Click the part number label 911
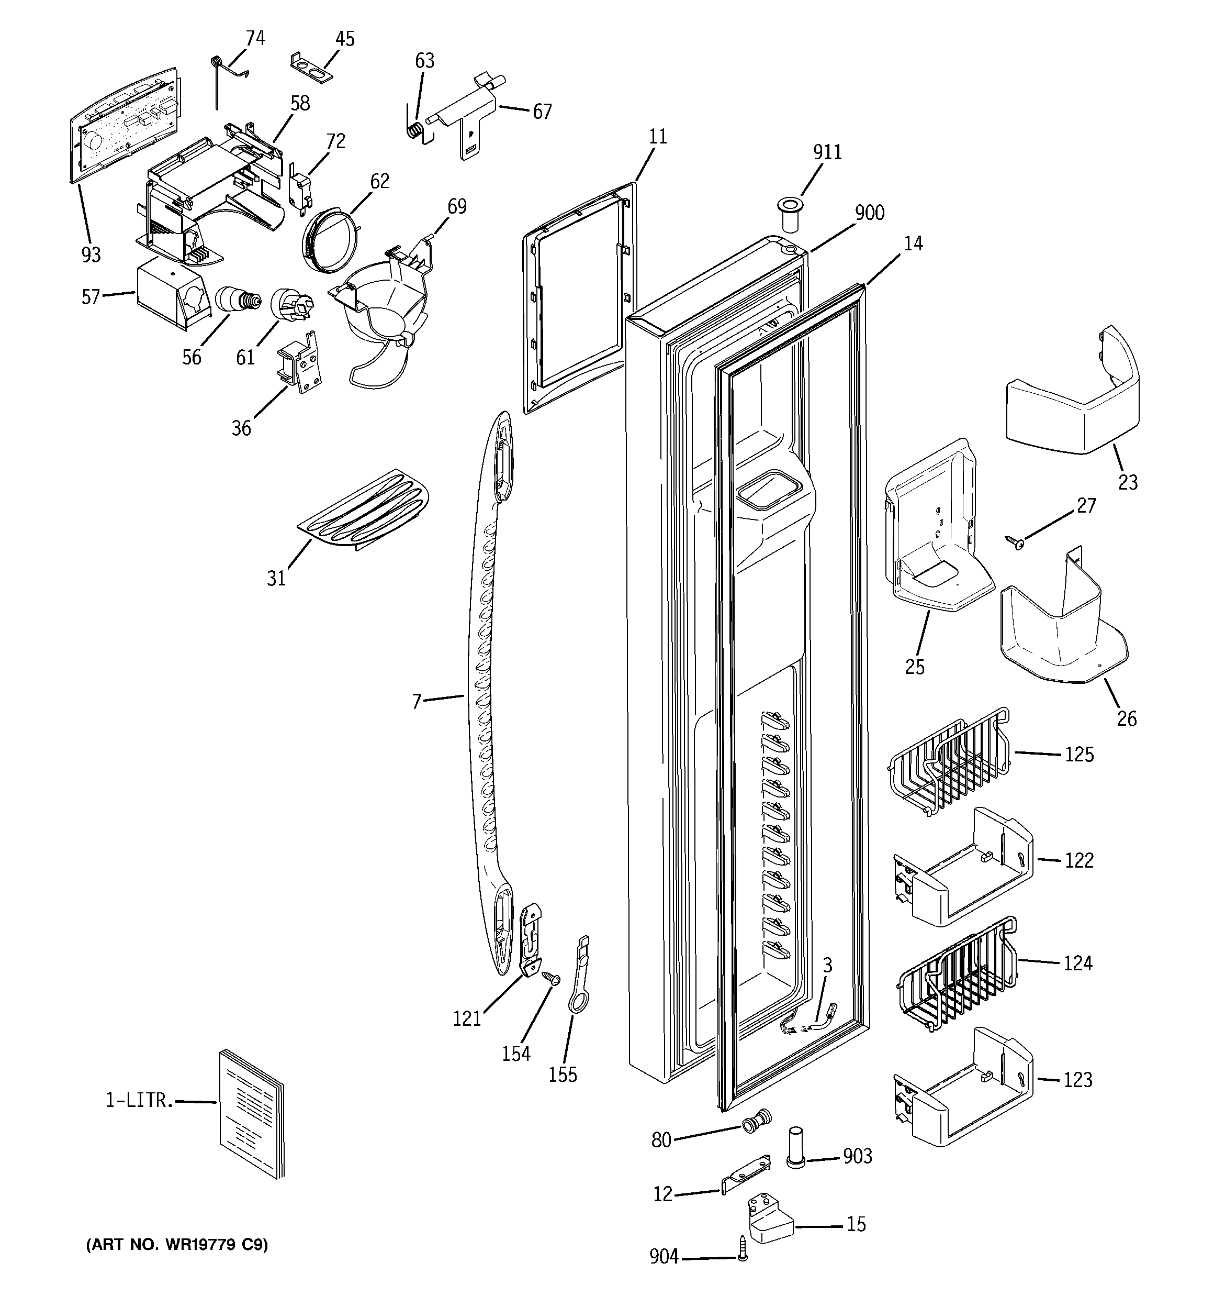coord(827,152)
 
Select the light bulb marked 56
coord(236,301)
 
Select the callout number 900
coord(869,213)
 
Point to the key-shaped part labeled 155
coord(578,977)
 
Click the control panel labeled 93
coord(124,124)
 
